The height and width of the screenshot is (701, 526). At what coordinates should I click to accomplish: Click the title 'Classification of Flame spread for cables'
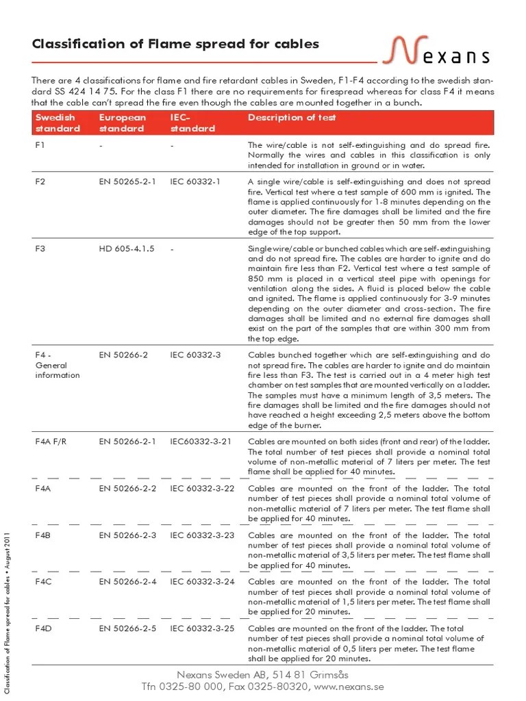pos(176,44)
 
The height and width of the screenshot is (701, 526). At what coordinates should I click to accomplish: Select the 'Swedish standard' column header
pos(58,123)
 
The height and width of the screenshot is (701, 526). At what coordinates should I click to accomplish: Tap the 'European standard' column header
pos(123,123)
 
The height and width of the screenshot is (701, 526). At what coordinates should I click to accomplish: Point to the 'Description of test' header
pos(292,118)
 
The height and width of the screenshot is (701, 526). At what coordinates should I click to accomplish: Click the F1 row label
pos(40,146)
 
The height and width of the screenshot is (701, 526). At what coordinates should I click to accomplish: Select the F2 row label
pos(40,182)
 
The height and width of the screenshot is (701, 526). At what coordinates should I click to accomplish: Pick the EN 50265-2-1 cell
pos(127,182)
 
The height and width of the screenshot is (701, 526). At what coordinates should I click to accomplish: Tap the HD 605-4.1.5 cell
pos(127,249)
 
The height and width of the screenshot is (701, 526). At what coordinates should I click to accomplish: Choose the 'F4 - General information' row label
pos(58,366)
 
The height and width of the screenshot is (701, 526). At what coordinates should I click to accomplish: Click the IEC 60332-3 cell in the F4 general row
pos(196,356)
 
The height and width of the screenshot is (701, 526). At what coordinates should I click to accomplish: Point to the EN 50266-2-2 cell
pos(127,489)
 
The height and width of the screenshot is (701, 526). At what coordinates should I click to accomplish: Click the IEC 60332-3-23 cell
pos(202,535)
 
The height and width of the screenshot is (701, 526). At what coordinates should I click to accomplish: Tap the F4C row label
pos(43,582)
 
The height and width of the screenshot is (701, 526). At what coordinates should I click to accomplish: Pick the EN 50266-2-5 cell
pos(127,628)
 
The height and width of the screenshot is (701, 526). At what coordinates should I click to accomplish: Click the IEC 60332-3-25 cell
pos(202,628)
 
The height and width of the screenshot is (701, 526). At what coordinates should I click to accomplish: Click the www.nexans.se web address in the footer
pos(348,686)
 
